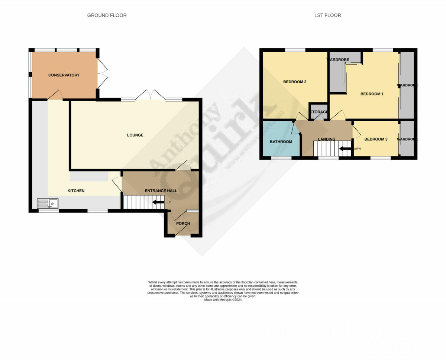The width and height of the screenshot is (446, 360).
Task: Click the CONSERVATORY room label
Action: (64, 75)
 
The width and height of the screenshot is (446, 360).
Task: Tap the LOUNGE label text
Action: (135, 135)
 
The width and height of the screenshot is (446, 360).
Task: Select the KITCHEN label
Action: (76, 191)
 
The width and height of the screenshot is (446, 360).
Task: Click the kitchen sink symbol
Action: (48, 203)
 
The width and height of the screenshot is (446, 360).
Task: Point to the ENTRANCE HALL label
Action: (161, 191)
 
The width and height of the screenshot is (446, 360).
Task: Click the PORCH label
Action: (183, 224)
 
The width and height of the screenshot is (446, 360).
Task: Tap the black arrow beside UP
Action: (158, 202)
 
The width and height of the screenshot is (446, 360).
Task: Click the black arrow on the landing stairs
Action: (346, 149)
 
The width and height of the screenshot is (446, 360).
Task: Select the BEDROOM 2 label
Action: (295, 82)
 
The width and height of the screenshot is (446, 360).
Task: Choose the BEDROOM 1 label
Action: (372, 94)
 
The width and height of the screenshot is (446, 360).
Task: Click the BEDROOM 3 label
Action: (376, 139)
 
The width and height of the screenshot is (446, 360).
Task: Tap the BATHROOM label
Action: (281, 142)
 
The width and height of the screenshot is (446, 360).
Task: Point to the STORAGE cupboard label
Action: (319, 112)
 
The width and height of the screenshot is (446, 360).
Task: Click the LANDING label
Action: (327, 139)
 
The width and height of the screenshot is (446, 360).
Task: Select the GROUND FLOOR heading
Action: (107, 15)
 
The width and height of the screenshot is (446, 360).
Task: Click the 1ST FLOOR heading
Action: (327, 15)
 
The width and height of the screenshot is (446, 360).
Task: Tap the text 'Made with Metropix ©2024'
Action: (223, 300)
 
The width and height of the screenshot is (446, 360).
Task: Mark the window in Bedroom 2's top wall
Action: (295, 50)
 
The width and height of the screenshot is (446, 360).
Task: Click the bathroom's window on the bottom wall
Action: (281, 158)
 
